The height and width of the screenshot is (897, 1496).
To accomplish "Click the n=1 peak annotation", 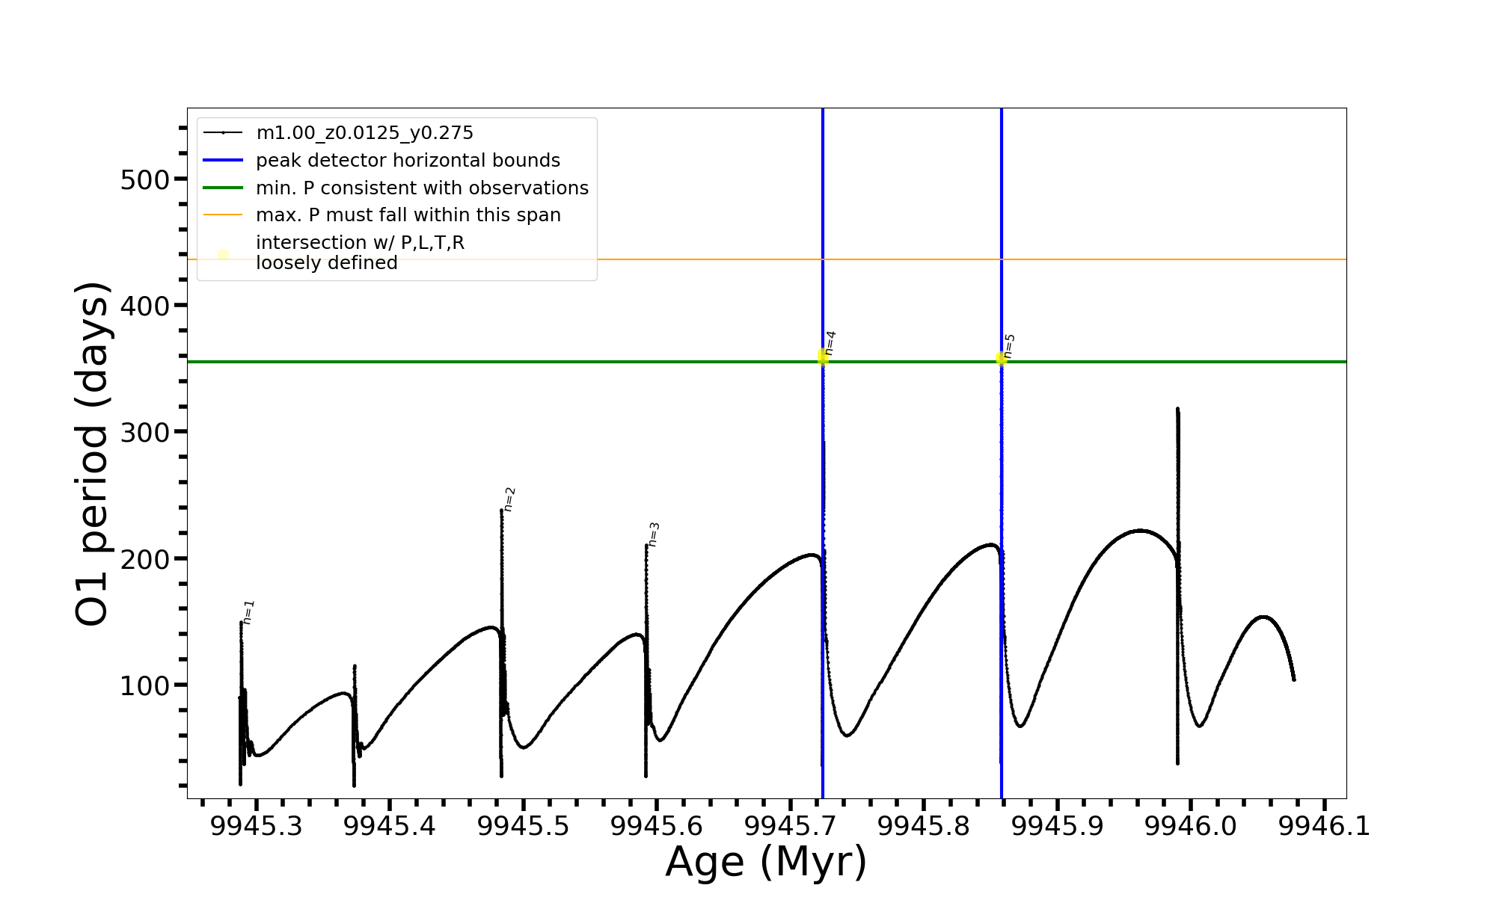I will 249,611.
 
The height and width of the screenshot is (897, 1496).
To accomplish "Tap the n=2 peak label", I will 509,499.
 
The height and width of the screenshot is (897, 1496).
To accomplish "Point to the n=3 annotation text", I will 654,534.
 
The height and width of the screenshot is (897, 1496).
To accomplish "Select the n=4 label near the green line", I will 830,342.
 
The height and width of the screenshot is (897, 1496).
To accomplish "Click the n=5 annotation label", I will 1010,345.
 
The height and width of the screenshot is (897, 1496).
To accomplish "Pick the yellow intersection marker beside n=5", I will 1001,360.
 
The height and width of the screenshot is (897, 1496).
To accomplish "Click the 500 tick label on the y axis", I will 144,179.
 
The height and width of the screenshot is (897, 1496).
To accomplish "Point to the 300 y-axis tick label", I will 144,432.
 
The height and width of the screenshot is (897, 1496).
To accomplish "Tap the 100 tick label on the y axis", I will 144,685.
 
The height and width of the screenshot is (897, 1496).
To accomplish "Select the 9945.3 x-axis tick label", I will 257,826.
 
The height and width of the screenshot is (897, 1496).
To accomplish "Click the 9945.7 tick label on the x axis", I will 791,826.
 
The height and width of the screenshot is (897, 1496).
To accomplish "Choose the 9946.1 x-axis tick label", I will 1325,826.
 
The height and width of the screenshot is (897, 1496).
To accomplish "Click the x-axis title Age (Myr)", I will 766,861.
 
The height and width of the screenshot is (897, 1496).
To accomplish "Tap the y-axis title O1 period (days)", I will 93,454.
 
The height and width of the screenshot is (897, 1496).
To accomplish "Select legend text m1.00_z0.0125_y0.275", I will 364,133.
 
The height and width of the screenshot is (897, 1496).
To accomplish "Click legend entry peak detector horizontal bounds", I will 408,161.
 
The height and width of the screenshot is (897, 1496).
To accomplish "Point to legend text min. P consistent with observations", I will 422,188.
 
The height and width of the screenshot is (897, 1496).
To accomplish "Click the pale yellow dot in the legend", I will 223,254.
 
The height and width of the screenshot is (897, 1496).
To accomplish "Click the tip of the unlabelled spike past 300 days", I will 1177,409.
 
